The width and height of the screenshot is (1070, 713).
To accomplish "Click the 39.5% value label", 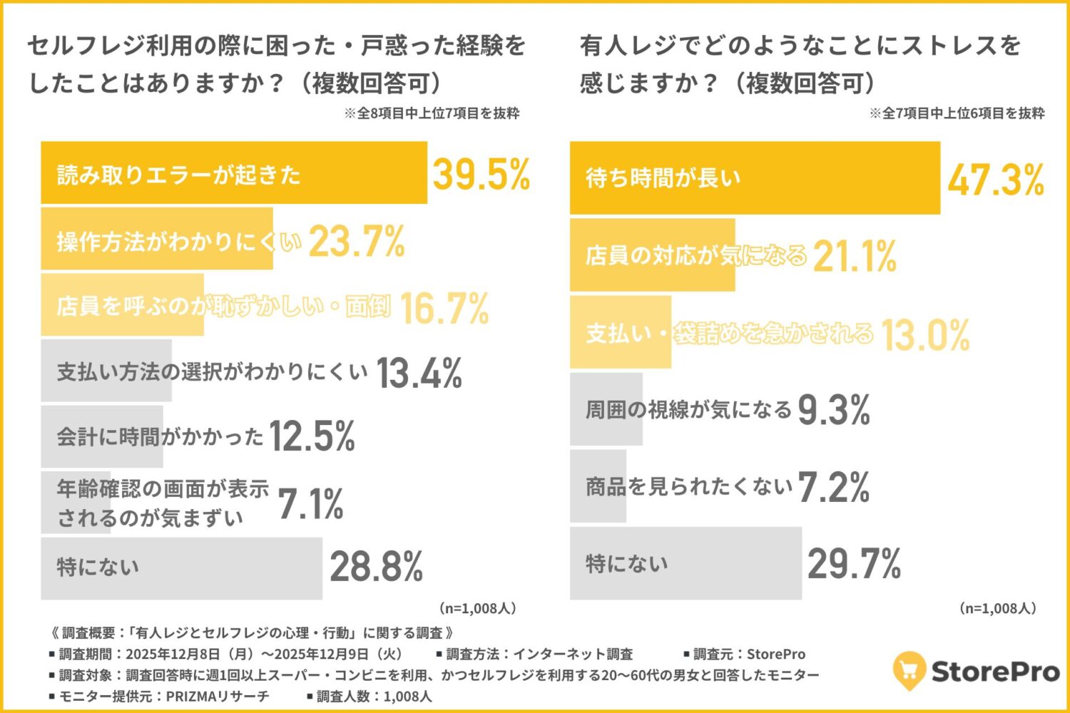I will pyautogui.click(x=481, y=174).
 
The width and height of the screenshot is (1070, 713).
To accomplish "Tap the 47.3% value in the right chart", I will pyautogui.click(x=996, y=179).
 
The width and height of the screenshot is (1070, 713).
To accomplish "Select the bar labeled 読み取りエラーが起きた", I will pyautogui.click(x=234, y=173).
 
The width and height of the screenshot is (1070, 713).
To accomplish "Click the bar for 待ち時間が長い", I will pyautogui.click(x=755, y=178).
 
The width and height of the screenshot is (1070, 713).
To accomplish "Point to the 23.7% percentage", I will pyautogui.click(x=357, y=242).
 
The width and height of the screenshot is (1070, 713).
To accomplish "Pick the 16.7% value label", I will pyautogui.click(x=444, y=308).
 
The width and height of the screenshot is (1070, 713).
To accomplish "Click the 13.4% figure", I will pyautogui.click(x=419, y=373).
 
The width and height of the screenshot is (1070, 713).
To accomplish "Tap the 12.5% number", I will pyautogui.click(x=312, y=436).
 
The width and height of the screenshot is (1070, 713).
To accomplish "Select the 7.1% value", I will pyautogui.click(x=310, y=504).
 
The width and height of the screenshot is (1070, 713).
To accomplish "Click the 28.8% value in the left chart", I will pyautogui.click(x=376, y=567).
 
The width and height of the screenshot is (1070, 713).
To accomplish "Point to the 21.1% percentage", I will pyautogui.click(x=854, y=256).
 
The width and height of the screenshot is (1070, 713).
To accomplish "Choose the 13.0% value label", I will pyautogui.click(x=925, y=334).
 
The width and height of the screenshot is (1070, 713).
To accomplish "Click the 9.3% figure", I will pyautogui.click(x=834, y=410).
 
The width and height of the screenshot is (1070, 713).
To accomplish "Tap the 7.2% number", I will pyautogui.click(x=833, y=488).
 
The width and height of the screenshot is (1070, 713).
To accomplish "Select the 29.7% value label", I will pyautogui.click(x=854, y=564).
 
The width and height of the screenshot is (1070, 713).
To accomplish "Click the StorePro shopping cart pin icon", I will pyautogui.click(x=909, y=670).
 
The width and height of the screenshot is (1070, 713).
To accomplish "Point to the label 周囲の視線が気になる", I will pyautogui.click(x=688, y=410).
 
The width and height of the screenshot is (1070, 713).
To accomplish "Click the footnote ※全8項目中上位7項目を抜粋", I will pyautogui.click(x=432, y=113).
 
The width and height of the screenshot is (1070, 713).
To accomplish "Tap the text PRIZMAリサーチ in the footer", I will pyautogui.click(x=218, y=697).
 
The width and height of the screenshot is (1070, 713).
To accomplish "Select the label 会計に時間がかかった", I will pyautogui.click(x=160, y=436).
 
